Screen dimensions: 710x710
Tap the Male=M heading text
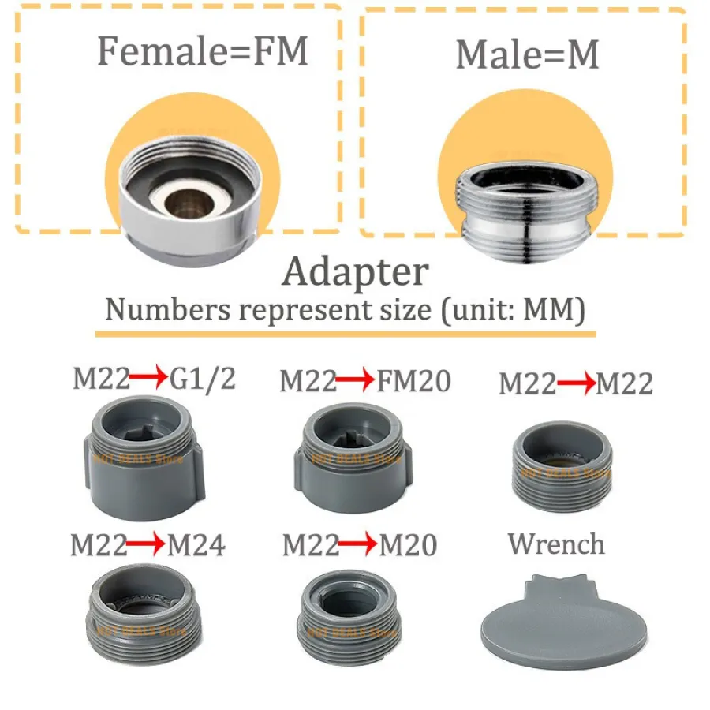point(527,54)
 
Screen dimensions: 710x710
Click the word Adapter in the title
point(355,272)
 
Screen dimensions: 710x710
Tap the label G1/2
point(203,379)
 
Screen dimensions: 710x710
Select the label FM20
point(413,381)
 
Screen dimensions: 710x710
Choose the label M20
point(408,545)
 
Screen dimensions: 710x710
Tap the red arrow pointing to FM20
point(355,381)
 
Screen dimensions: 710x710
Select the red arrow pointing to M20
point(358,545)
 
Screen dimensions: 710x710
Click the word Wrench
point(557,544)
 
